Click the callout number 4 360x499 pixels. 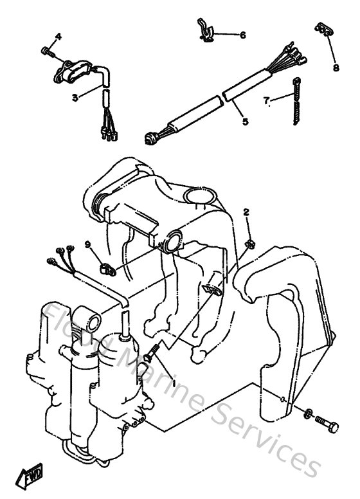click(58, 36)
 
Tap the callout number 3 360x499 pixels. click(75, 97)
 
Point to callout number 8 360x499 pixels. click(335, 67)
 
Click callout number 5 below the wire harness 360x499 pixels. click(244, 120)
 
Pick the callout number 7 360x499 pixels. click(265, 100)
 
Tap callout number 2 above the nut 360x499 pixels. click(246, 212)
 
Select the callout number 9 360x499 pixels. click(87, 244)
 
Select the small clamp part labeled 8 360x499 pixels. click(323, 30)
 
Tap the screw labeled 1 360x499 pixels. click(154, 350)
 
